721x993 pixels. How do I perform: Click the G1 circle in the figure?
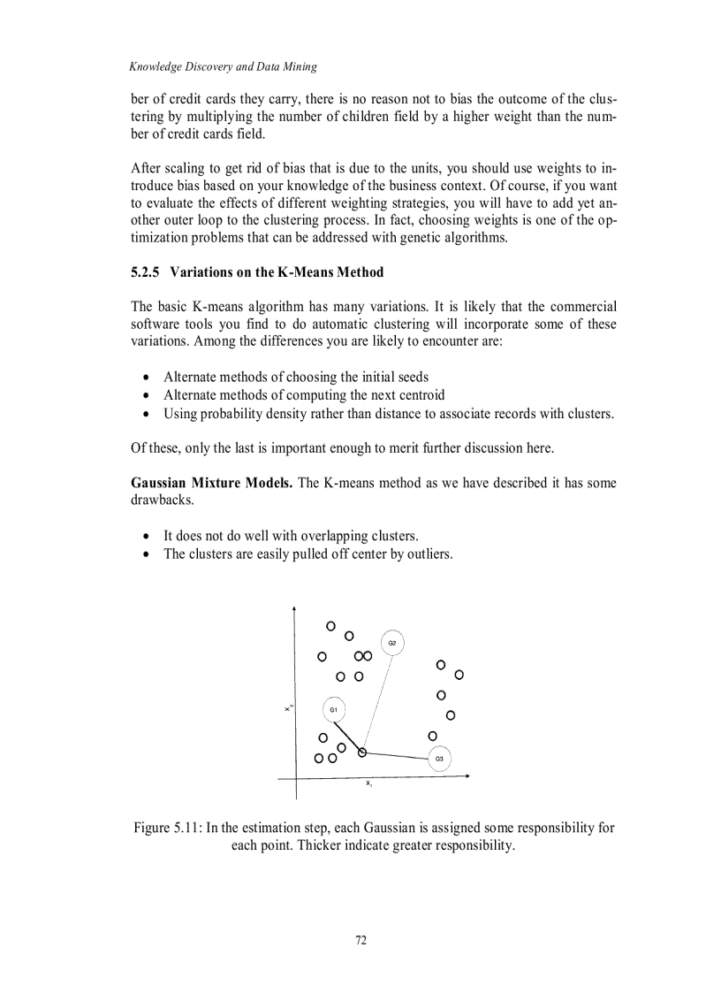pyautogui.click(x=333, y=709)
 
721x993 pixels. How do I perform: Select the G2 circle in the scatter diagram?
pyautogui.click(x=392, y=643)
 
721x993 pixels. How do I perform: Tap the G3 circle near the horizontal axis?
pyautogui.click(x=439, y=759)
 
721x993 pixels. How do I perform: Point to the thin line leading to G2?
pyautogui.click(x=377, y=698)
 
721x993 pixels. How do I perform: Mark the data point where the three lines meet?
pyautogui.click(x=362, y=752)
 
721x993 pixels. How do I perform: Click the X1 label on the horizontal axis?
pyautogui.click(x=368, y=783)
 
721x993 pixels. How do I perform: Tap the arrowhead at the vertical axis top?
pyautogui.click(x=293, y=610)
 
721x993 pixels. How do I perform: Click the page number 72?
pyautogui.click(x=360, y=940)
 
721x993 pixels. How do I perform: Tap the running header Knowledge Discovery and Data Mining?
pyautogui.click(x=223, y=66)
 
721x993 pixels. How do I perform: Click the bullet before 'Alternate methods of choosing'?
pyautogui.click(x=146, y=378)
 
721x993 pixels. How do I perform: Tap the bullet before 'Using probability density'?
pyautogui.click(x=146, y=414)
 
